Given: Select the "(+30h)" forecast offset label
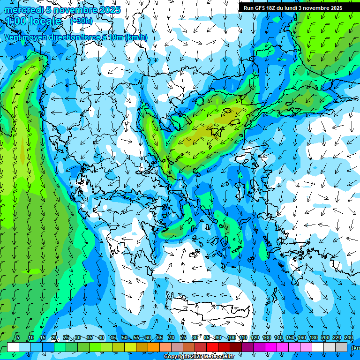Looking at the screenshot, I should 81,21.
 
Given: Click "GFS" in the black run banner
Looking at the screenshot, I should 260,8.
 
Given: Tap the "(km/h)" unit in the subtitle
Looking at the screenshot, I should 136,37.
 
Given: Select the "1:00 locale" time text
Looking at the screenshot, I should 34,22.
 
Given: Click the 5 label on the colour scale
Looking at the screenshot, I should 18,337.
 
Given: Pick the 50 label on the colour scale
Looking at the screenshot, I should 124,337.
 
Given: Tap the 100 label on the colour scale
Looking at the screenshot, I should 231,337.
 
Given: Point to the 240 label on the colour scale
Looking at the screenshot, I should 349,337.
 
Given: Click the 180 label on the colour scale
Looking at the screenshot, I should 314,337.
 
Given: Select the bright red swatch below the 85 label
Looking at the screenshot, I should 212,347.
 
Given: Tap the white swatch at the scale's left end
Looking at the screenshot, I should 13,347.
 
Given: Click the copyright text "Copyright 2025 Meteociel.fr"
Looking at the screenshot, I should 199,357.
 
